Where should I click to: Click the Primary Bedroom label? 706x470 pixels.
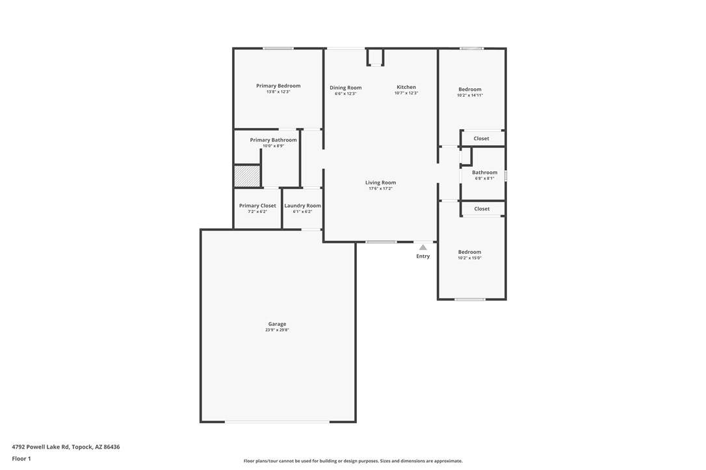point(278,86)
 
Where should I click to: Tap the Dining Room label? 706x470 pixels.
point(345,88)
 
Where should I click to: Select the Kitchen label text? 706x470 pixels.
point(406,87)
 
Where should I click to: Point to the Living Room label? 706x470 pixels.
point(380,182)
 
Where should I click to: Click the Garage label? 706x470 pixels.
point(277,324)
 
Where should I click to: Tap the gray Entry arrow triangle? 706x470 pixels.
point(423,247)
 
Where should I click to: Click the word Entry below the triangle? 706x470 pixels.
point(423,256)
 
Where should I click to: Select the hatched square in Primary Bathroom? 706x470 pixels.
point(247,176)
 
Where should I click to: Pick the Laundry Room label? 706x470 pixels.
point(302,206)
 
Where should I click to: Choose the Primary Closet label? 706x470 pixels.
point(257,206)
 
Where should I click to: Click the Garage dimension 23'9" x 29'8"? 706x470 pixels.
point(277,330)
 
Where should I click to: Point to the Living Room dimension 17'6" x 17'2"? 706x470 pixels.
point(380,188)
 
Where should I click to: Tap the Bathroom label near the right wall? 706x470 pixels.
point(484,172)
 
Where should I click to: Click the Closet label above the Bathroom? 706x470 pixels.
point(481,138)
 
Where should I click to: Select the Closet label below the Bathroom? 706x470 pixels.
point(482,208)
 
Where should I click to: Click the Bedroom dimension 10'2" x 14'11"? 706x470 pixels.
point(470,95)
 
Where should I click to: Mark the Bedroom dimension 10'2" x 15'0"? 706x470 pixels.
point(469,258)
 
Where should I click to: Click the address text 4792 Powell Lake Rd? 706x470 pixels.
point(40,447)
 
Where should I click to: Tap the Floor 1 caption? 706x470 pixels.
point(21,459)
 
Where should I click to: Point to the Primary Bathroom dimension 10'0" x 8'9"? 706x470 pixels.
point(273,145)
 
